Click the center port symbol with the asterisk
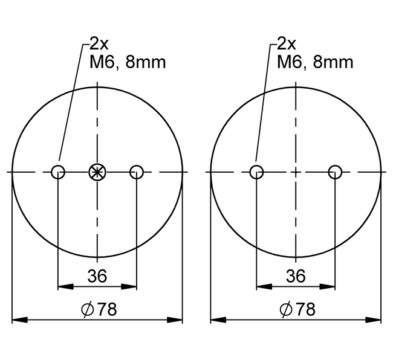(x=97, y=172)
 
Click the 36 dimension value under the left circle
(x=97, y=276)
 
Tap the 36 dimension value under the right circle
(x=296, y=276)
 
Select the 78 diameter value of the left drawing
(x=107, y=309)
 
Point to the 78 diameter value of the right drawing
(x=305, y=309)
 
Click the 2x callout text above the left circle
(x=99, y=44)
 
